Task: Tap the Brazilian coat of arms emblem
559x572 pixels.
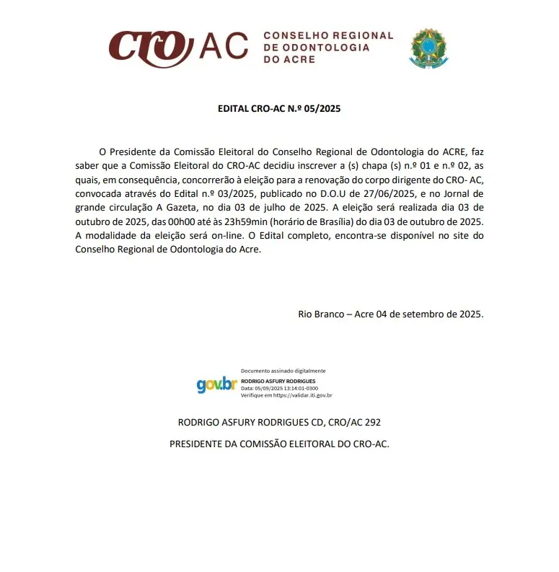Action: click(428, 48)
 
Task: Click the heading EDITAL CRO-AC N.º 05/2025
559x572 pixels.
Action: click(279, 110)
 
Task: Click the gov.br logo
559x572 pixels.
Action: click(216, 384)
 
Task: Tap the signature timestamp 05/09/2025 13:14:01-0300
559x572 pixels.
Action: click(289, 388)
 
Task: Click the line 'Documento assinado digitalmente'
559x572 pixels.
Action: click(283, 371)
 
